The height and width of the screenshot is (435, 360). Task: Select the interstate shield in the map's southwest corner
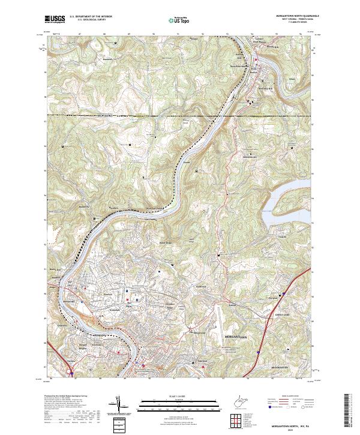tap(72, 373)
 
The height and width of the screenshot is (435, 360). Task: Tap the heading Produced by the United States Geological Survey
tap(66, 397)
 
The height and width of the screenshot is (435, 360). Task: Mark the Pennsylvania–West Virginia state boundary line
tap(120, 115)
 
